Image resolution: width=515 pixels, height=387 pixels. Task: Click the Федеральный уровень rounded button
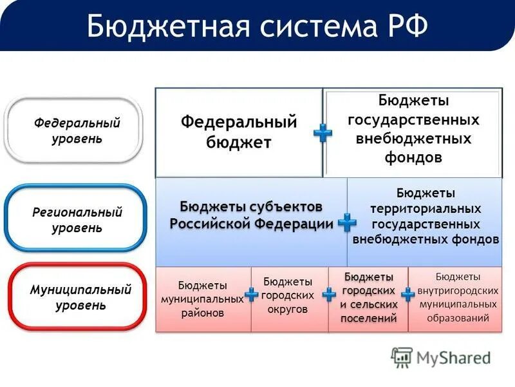74,131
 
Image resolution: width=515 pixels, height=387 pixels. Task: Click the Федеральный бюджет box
238,132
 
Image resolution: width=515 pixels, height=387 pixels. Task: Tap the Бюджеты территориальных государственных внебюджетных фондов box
426,216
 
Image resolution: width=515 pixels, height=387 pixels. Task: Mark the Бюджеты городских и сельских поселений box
368,298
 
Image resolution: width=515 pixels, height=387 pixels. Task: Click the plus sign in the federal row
323,134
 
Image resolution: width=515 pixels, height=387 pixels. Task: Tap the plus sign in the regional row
346,223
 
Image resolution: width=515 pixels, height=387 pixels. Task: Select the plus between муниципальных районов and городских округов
251,296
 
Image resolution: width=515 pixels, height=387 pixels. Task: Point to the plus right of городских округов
329,295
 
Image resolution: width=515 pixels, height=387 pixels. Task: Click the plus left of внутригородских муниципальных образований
407,295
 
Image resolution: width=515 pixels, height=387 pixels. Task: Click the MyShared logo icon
402,357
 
